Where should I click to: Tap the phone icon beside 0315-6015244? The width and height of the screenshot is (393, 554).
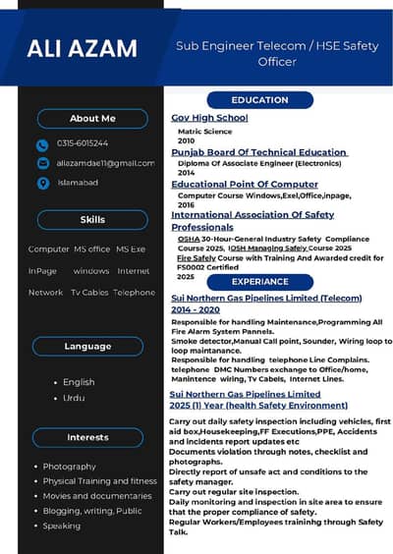(42, 143)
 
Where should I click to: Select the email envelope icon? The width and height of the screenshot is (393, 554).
(42, 163)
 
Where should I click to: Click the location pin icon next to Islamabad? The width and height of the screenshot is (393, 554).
(42, 183)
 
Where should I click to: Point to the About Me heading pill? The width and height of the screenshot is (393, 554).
(92, 119)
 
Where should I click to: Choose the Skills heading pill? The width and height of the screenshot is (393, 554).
(92, 220)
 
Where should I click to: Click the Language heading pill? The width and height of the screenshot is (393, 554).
(87, 346)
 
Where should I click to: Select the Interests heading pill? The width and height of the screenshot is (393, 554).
(87, 437)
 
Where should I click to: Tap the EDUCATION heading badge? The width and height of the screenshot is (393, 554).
(259, 100)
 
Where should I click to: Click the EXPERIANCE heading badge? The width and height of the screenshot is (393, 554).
(259, 282)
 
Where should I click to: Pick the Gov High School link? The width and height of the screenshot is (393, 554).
(209, 118)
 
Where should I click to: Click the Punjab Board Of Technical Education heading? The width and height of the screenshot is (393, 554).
(259, 152)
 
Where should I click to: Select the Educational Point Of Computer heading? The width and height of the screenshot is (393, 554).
(245, 184)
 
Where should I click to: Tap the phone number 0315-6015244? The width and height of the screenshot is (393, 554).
(83, 143)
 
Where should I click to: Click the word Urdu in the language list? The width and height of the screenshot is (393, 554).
(74, 398)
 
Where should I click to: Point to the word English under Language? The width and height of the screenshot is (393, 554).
(79, 382)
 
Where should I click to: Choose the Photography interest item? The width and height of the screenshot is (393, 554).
(70, 467)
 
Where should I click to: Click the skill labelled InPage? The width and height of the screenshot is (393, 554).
(42, 270)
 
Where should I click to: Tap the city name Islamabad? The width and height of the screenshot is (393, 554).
(78, 183)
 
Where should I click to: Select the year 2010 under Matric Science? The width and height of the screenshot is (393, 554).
(186, 140)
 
